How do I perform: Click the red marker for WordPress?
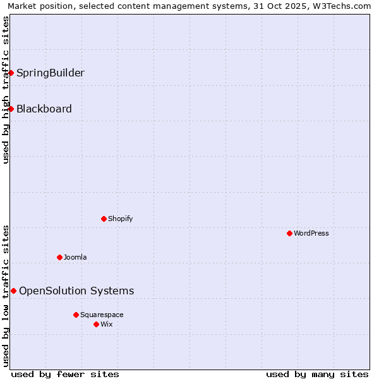click(289, 233)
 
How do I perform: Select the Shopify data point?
click(104, 219)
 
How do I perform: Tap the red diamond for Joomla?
click(59, 257)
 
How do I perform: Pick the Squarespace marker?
click(76, 315)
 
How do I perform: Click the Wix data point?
click(96, 324)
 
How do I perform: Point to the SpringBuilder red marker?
click(11, 73)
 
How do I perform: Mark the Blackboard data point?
click(11, 109)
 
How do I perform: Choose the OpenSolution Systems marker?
click(13, 291)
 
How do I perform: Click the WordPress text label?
click(311, 233)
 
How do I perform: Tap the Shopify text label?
click(120, 219)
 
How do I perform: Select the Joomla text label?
click(75, 257)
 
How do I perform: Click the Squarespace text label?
click(102, 315)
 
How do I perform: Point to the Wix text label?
click(106, 324)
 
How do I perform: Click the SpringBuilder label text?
click(51, 73)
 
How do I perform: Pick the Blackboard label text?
click(44, 109)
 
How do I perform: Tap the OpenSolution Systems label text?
click(76, 291)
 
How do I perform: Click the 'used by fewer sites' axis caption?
click(65, 374)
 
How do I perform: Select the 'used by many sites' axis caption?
click(317, 374)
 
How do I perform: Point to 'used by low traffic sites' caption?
click(6, 296)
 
